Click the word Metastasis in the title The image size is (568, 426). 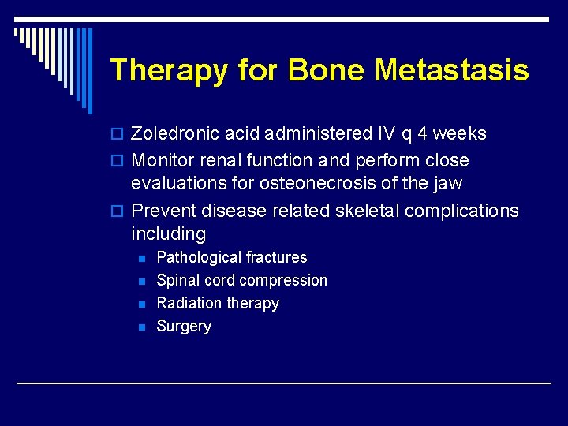tap(451, 70)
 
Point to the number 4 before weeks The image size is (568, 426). tap(423, 133)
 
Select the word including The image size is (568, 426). tap(168, 234)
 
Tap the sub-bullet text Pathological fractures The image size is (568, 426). tap(232, 257)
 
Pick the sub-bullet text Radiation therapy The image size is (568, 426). tap(218, 303)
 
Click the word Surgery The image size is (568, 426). tap(184, 326)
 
